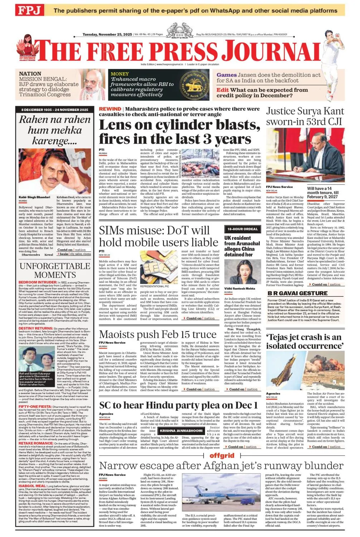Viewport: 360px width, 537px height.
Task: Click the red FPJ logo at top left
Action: tap(28, 10)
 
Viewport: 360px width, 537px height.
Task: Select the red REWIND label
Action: tap(110, 109)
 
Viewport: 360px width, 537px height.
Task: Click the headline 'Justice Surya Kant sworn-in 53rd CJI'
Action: tap(305, 116)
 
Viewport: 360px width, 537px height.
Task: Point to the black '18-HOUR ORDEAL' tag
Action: tap(242, 229)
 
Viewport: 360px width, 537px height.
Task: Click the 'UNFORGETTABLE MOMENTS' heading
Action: tap(55, 270)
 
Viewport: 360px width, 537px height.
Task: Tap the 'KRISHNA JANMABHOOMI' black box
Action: tap(181, 431)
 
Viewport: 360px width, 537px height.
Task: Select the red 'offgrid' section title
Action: tap(222, 456)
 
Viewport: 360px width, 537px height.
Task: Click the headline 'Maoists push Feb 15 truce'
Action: tap(157, 334)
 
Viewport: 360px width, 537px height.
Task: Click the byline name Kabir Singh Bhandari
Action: tap(34, 197)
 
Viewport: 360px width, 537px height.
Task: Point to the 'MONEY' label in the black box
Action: tap(120, 74)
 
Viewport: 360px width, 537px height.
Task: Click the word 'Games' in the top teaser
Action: tap(226, 75)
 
